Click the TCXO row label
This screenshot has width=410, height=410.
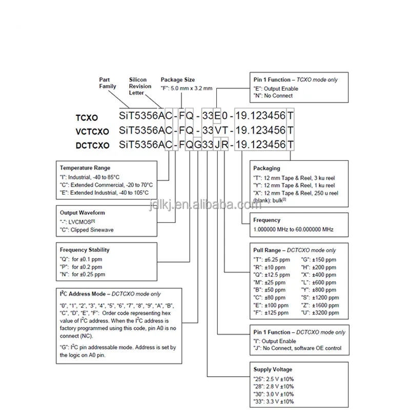tap(86, 117)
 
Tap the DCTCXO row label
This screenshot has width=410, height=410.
tap(92, 146)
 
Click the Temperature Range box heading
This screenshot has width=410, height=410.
tap(85, 168)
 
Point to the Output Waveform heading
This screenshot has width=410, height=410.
tap(83, 212)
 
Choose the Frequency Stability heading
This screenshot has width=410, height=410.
tap(85, 250)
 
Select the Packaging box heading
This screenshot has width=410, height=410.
tap(266, 168)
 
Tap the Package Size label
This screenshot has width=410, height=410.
tap(178, 80)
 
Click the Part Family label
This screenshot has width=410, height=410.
tap(108, 83)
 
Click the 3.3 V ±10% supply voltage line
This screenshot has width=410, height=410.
tap(274, 402)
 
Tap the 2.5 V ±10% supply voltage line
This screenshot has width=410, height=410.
tap(274, 379)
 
